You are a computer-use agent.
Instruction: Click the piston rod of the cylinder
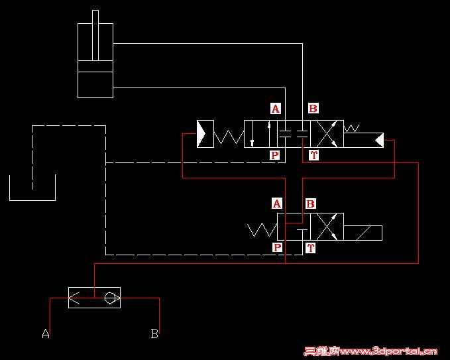point(95,35)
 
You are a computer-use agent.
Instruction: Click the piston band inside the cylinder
point(95,66)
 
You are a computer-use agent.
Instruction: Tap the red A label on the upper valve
point(276,109)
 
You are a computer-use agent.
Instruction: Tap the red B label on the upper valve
point(313,109)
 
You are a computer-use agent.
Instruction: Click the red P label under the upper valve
point(275,155)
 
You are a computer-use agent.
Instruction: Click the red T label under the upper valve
point(313,155)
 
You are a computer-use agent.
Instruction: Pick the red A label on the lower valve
point(277,204)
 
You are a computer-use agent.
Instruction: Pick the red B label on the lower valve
point(311,204)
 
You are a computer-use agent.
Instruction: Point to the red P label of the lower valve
point(277,247)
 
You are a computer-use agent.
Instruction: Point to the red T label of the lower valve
point(311,248)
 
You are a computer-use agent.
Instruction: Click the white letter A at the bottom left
point(46,333)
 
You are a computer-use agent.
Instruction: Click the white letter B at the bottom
point(154,333)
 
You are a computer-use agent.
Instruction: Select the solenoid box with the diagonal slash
point(363,233)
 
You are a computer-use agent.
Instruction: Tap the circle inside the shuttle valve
point(109,298)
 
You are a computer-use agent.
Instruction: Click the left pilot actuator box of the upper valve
point(205,134)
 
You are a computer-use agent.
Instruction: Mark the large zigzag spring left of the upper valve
point(229,137)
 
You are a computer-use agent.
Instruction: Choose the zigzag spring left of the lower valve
point(262,229)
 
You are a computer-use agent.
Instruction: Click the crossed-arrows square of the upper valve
point(327,134)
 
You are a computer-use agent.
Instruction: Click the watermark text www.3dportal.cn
point(388,351)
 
